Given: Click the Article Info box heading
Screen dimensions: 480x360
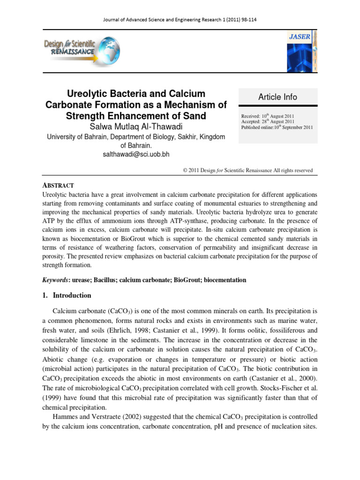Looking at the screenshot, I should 277,97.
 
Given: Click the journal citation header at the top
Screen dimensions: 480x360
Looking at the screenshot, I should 180,20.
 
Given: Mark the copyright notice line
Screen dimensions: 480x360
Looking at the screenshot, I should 247,171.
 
